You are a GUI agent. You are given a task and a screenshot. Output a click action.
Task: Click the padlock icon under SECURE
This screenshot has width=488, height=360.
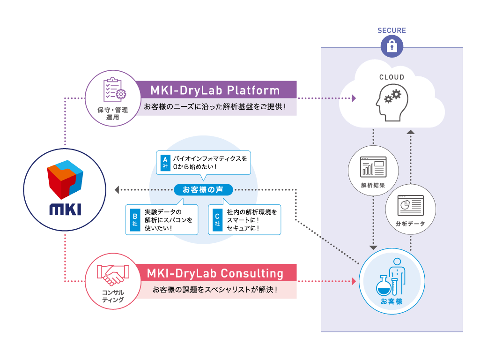pyautogui.click(x=392, y=46)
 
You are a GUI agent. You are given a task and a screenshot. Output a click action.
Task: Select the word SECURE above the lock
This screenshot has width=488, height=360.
pyautogui.click(x=392, y=31)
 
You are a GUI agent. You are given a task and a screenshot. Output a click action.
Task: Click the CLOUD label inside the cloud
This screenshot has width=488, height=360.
pyautogui.click(x=392, y=77)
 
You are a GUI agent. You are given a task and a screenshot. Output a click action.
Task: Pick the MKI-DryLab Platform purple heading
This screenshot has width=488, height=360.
pyautogui.click(x=215, y=90)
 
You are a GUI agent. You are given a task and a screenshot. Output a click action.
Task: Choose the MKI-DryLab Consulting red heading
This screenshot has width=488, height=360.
pyautogui.click(x=215, y=273)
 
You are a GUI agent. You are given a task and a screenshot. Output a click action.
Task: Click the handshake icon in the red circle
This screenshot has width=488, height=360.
pyautogui.click(x=113, y=275)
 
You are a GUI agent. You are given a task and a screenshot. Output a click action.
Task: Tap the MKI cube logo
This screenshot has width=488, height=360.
pyautogui.click(x=65, y=180)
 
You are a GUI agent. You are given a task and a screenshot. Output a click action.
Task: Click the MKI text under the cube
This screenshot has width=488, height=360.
pyautogui.click(x=65, y=209)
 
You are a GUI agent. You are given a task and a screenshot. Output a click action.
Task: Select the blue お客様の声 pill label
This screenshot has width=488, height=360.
pyautogui.click(x=203, y=190)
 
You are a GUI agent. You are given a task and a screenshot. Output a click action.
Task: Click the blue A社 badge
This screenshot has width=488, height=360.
pyautogui.click(x=164, y=163)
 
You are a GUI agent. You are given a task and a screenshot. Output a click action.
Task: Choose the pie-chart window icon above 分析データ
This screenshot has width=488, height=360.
pyautogui.click(x=410, y=205)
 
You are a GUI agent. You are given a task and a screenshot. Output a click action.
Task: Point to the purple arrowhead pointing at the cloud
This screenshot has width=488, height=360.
pyautogui.click(x=354, y=98)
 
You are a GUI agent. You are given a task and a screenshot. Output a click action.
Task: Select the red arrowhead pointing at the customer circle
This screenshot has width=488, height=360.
pyautogui.click(x=354, y=282)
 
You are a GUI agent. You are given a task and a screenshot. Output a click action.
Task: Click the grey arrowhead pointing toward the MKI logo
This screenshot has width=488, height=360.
pyautogui.click(x=117, y=190)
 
